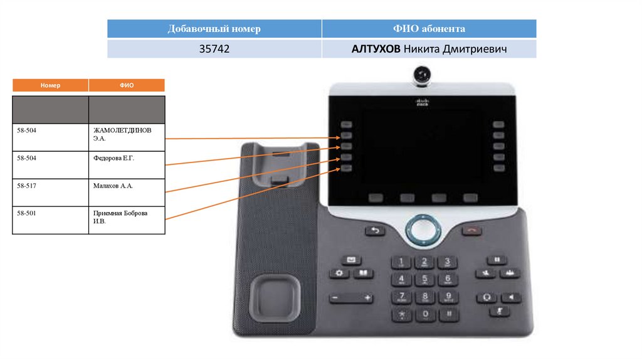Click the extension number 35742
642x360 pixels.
pyautogui.click(x=214, y=49)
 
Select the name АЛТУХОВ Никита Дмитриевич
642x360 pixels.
pyautogui.click(x=429, y=49)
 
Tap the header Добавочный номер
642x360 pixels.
pyautogui.click(x=214, y=29)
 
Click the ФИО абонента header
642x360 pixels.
pyautogui.click(x=429, y=29)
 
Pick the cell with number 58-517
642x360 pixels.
pyautogui.click(x=50, y=193)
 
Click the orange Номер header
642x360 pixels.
pyautogui.click(x=50, y=85)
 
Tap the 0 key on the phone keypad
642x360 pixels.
pyautogui.click(x=425, y=313)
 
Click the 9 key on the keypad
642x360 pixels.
pyautogui.click(x=447, y=297)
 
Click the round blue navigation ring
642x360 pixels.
pyautogui.click(x=423, y=230)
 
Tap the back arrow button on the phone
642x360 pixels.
pyautogui.click(x=376, y=230)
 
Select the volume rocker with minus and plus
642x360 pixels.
pyautogui.click(x=351, y=297)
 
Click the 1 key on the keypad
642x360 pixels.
pyautogui.click(x=402, y=262)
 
